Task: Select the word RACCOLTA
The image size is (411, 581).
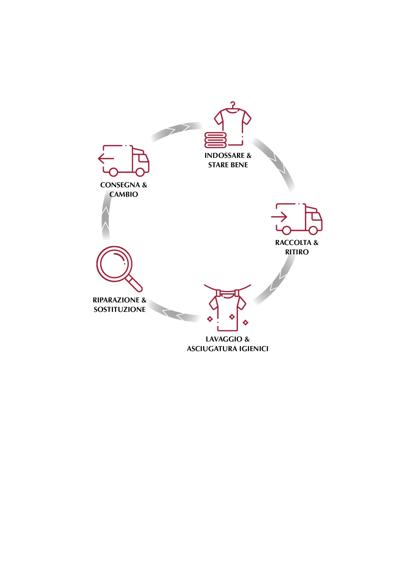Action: pos(293,243)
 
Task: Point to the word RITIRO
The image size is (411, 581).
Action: pos(297,252)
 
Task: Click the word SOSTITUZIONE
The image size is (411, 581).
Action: pos(119,310)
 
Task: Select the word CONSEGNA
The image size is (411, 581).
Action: pos(120,185)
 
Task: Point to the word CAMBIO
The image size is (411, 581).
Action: pos(124,194)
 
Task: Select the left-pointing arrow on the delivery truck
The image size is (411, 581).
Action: pos(106,159)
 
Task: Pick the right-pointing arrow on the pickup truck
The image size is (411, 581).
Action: pos(279,217)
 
